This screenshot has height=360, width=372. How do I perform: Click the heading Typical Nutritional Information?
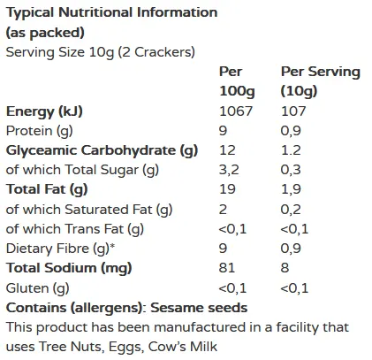pos(110,13)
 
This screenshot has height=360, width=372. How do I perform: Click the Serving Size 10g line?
pos(100,52)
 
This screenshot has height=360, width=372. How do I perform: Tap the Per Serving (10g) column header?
pos(320,81)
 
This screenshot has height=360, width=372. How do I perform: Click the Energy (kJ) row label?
pos(45,111)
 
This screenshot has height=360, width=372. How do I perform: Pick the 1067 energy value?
pos(235,111)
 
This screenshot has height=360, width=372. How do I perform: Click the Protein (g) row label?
pos(41,131)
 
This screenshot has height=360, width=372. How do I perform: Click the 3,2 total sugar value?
pos(229,170)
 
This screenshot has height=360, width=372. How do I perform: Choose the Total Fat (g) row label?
pos(48,189)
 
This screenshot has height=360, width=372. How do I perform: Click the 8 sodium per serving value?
pos(285,267)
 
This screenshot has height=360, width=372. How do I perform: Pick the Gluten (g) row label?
pos(37,287)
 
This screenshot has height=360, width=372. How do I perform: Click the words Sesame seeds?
pos(199,307)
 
